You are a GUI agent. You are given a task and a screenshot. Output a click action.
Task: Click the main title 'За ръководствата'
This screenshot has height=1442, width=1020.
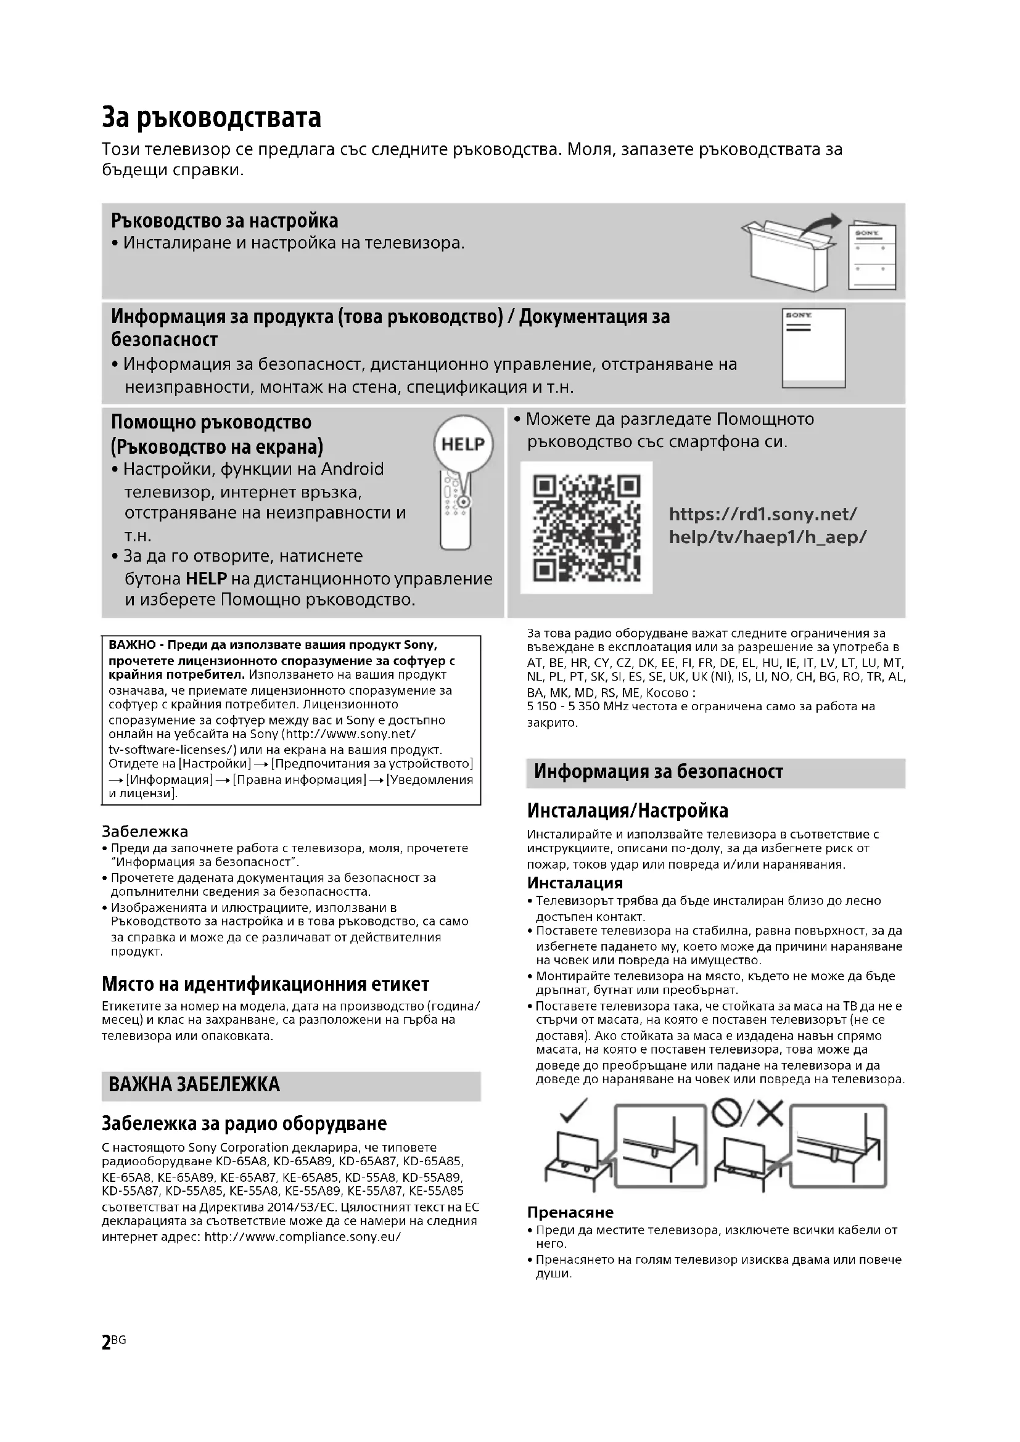212,118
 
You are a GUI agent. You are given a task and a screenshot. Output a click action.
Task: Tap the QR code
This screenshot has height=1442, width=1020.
586,528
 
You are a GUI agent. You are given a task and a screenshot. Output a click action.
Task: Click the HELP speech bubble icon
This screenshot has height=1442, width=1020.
464,445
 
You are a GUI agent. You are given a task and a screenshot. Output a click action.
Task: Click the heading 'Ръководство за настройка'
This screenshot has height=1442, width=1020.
225,221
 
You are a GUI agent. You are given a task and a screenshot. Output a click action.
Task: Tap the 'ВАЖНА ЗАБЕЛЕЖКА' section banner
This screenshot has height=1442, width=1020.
194,1084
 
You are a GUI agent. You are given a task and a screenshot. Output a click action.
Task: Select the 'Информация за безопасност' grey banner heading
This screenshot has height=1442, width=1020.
658,772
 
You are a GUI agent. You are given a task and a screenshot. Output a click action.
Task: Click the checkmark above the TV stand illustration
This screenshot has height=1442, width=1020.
573,1112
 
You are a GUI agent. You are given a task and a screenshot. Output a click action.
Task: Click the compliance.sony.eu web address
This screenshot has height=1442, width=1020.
303,1237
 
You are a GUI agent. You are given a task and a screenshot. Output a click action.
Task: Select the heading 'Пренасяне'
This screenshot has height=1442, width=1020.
570,1212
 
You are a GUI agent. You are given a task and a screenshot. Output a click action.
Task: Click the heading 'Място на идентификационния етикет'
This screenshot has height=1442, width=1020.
266,984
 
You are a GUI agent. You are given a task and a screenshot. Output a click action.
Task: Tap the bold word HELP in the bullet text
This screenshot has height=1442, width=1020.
206,578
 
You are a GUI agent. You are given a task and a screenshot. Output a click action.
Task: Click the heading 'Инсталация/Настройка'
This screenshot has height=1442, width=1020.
627,811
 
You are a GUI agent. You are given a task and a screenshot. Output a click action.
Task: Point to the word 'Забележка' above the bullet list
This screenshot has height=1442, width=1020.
145,832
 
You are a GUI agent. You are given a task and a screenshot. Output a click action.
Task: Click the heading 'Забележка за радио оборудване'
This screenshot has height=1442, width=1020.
244,1123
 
